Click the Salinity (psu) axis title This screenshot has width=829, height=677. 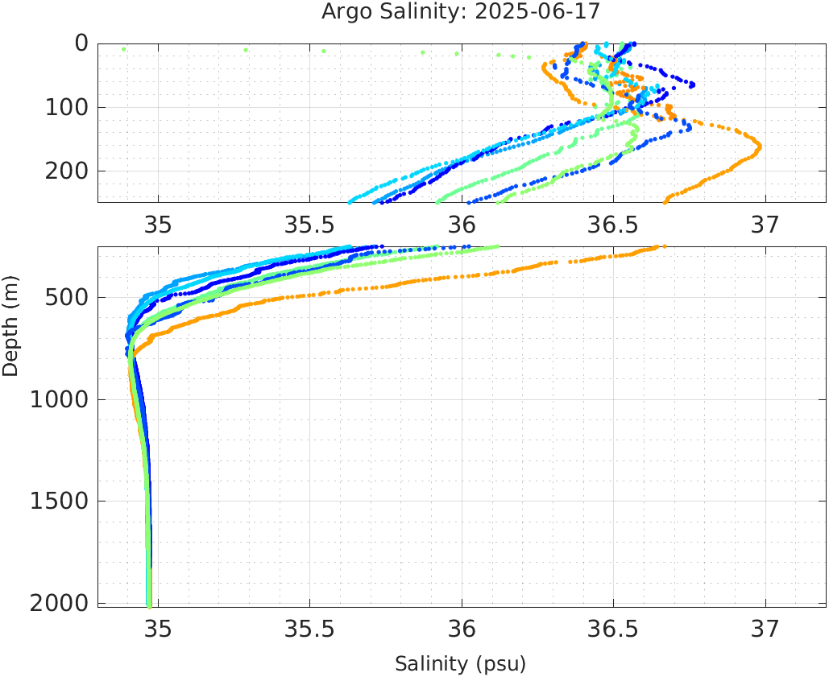tap(460, 664)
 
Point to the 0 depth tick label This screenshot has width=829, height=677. tap(81, 43)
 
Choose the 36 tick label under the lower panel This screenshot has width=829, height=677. tap(462, 630)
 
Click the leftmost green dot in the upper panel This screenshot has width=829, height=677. tap(123, 49)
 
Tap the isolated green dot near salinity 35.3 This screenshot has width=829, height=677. tap(246, 50)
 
